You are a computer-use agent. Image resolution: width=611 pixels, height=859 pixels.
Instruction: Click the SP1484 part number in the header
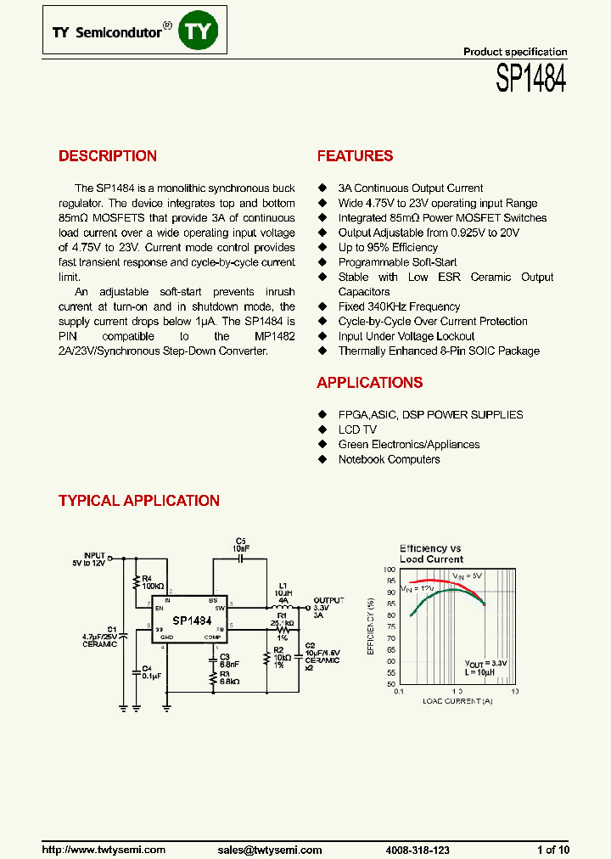point(531,81)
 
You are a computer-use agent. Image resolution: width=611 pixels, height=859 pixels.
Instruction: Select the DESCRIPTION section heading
point(107,156)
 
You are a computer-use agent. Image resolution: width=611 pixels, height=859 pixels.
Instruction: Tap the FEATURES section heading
point(355,156)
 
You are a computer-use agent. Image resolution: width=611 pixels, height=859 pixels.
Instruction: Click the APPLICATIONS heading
point(369,383)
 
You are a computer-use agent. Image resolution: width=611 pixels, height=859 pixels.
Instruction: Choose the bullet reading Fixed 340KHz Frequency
point(399,306)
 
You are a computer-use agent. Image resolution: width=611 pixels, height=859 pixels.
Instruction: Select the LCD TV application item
point(356,429)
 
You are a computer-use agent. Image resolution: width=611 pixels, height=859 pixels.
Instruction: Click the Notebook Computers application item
point(389,459)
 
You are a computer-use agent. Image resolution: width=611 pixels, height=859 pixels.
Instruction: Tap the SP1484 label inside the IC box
point(192,620)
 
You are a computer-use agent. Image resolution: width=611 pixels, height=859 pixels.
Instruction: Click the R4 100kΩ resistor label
point(154,581)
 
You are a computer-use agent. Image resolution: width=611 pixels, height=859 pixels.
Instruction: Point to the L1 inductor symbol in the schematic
point(282,607)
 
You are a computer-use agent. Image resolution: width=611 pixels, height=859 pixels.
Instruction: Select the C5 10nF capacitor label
point(240,544)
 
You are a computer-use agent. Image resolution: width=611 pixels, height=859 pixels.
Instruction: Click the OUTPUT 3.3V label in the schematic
point(328,604)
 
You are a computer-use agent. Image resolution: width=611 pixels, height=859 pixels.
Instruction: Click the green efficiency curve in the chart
point(441,592)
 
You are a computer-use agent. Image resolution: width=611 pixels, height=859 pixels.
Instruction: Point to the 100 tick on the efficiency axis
point(390,570)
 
